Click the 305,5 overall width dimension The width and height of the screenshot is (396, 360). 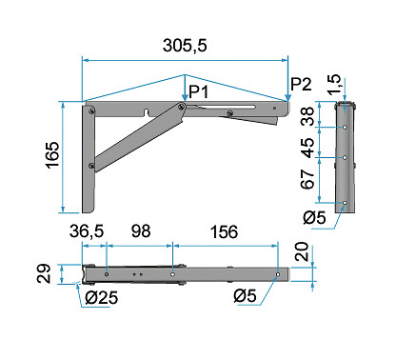click(x=185, y=45)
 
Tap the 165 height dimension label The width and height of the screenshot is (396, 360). click(x=52, y=154)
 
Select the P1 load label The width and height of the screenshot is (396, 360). click(x=199, y=91)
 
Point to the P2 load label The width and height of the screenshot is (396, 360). click(x=301, y=84)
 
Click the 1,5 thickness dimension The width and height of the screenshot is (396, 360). click(x=334, y=85)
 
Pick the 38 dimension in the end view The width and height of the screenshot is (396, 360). click(x=307, y=116)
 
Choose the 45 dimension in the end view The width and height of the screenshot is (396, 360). click(x=307, y=148)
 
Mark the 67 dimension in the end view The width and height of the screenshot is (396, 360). click(x=307, y=179)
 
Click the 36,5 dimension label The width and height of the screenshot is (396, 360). click(x=87, y=230)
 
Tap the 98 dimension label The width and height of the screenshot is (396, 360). click(x=141, y=230)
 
